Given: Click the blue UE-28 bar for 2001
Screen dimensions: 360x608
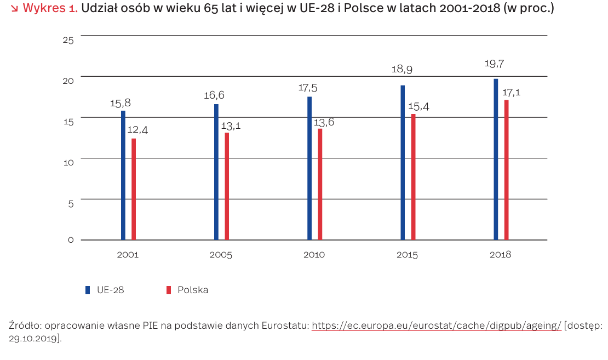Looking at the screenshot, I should [x=123, y=175].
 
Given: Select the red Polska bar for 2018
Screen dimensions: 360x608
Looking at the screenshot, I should [x=506, y=170].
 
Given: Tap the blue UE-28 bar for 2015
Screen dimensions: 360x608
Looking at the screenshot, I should [x=403, y=163].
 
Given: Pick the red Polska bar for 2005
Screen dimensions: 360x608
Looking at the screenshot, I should [x=227, y=186].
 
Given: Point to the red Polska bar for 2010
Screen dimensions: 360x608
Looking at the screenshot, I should [x=320, y=184].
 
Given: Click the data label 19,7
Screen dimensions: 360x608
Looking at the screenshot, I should [x=494, y=64].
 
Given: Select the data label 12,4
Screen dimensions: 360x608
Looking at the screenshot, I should [x=137, y=130].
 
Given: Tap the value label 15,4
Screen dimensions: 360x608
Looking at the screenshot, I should [x=417, y=106].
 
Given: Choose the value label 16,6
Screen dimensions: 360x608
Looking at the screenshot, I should [x=214, y=95].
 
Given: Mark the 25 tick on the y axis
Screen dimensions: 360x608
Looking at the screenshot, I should [x=68, y=39].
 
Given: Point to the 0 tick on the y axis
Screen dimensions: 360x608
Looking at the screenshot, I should [x=71, y=240].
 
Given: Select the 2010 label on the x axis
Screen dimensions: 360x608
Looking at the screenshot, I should [x=313, y=255].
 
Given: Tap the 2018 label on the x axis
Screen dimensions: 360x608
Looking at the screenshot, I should [x=500, y=255].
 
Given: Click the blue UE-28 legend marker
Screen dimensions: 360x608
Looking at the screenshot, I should [x=87, y=290].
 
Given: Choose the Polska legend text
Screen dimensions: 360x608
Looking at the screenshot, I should [x=192, y=290].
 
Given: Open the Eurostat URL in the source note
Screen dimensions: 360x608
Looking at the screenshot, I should [x=436, y=325].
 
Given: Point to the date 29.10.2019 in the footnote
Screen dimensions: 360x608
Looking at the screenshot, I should [x=34, y=338].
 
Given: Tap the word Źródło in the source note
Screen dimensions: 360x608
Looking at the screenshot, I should [x=24, y=325].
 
